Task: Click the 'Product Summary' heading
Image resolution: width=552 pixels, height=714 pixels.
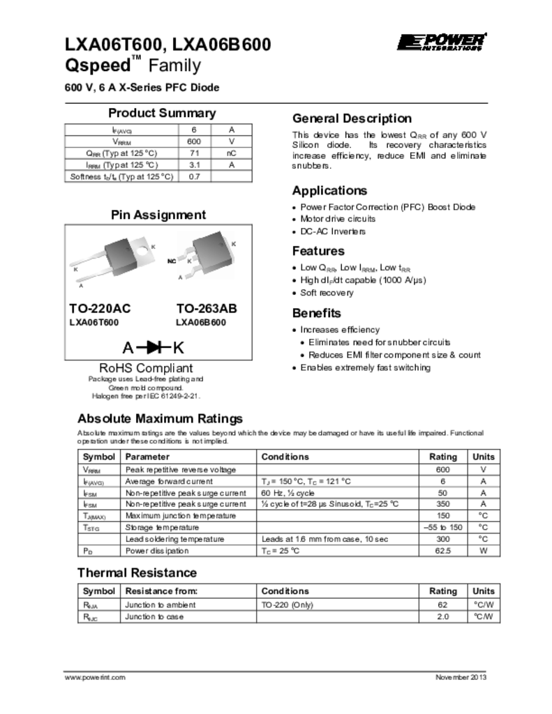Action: pyautogui.click(x=162, y=113)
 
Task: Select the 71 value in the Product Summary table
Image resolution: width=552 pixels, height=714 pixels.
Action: pyautogui.click(x=195, y=153)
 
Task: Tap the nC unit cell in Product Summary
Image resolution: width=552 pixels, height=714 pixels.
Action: pyautogui.click(x=231, y=153)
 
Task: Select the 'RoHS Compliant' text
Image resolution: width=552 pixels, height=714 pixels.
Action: pyautogui.click(x=146, y=367)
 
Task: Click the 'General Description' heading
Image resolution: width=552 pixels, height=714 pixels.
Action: pyautogui.click(x=352, y=118)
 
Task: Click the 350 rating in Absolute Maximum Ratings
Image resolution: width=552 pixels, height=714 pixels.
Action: pyautogui.click(x=441, y=504)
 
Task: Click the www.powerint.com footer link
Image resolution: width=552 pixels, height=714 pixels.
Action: pyautogui.click(x=95, y=678)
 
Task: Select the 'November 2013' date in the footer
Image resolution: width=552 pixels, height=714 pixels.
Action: pyautogui.click(x=461, y=678)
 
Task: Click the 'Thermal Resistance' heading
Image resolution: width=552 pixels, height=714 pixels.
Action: pyautogui.click(x=137, y=572)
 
